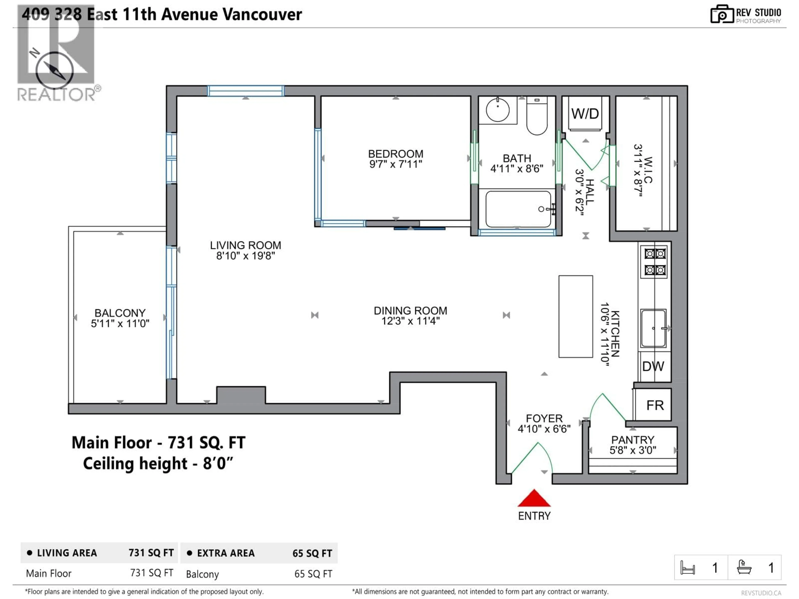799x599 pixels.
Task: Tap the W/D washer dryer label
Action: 585,114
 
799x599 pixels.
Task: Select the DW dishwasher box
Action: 653,366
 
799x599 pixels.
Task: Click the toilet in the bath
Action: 537,117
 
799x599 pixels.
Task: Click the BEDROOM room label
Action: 396,154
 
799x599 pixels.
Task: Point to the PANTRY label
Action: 633,440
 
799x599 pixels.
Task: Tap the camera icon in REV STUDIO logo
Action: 722,14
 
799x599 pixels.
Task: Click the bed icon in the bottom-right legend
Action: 687,568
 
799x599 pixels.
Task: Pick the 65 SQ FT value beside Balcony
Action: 313,574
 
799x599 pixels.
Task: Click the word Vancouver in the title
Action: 262,14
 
